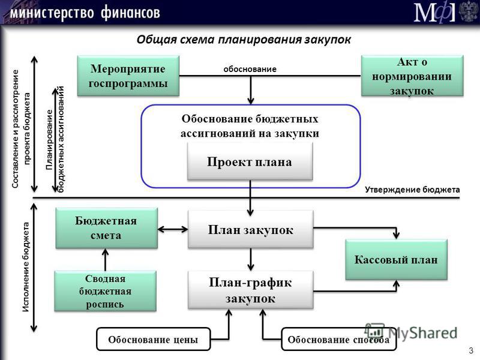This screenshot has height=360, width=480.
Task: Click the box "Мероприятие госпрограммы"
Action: tap(128, 76)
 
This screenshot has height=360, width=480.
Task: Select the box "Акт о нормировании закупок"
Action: tap(412, 76)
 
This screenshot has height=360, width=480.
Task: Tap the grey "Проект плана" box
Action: tap(250, 161)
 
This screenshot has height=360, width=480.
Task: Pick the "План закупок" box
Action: tap(250, 229)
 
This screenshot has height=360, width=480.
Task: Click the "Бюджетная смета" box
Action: tap(107, 228)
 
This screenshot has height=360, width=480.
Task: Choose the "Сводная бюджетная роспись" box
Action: tap(106, 291)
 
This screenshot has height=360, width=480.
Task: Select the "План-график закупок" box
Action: tap(250, 290)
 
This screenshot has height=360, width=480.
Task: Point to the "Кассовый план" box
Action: tap(396, 260)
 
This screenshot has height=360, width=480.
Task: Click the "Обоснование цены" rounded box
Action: tap(154, 339)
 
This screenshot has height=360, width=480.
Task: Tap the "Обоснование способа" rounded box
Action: tap(338, 339)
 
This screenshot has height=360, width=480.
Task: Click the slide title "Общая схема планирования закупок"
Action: tap(244, 40)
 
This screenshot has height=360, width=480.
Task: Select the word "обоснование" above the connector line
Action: tap(250, 69)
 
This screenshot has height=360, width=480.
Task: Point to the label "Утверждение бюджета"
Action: tap(412, 190)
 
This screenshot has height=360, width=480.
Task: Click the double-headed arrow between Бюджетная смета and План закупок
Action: tap(173, 229)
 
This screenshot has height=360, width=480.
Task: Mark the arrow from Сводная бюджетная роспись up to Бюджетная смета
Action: tap(106, 260)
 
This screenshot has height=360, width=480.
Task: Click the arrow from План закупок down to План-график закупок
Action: tap(251, 259)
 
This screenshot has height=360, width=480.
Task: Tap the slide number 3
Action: tap(471, 350)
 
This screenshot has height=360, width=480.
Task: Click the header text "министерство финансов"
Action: tap(85, 13)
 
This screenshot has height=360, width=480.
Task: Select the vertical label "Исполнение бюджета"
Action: tap(26, 267)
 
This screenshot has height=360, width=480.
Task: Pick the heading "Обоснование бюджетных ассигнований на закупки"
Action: tap(250, 126)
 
